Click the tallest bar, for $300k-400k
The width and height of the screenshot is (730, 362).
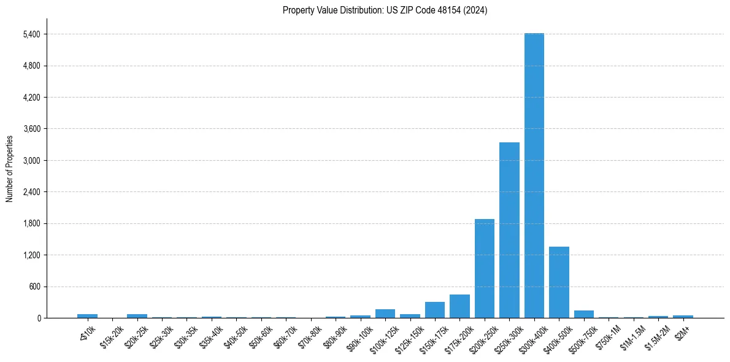coord(534,175)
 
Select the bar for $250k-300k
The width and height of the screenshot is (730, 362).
coord(509,230)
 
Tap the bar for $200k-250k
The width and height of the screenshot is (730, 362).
coord(484,268)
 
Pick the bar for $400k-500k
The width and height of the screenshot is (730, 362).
coord(559,282)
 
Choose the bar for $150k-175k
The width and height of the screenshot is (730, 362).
coord(434,310)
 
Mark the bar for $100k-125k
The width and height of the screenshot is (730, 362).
coord(385,314)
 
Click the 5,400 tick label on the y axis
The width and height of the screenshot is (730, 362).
coord(31,34)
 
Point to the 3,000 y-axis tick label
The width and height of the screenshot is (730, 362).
coord(31,161)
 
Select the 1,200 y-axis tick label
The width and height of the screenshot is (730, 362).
coord(31,255)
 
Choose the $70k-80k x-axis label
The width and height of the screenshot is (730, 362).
coord(309,333)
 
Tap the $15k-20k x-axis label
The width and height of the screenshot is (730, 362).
coord(111,333)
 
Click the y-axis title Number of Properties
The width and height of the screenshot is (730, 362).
coord(9,168)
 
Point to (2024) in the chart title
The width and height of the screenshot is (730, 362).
coord(477,10)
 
